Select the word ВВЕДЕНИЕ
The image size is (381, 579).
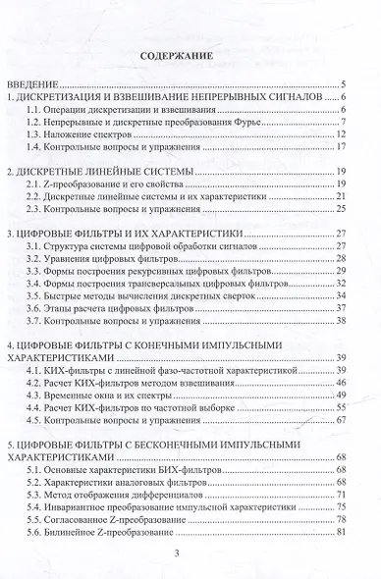pos(33,86)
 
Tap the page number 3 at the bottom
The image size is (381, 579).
pos(190,554)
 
